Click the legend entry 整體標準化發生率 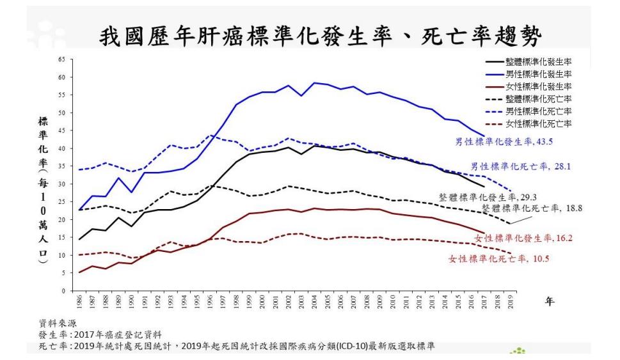point(538,63)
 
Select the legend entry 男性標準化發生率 point(538,74)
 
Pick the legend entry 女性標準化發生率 point(538,86)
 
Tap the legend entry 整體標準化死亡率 point(538,98)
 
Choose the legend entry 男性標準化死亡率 point(538,111)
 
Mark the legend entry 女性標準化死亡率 point(538,123)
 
